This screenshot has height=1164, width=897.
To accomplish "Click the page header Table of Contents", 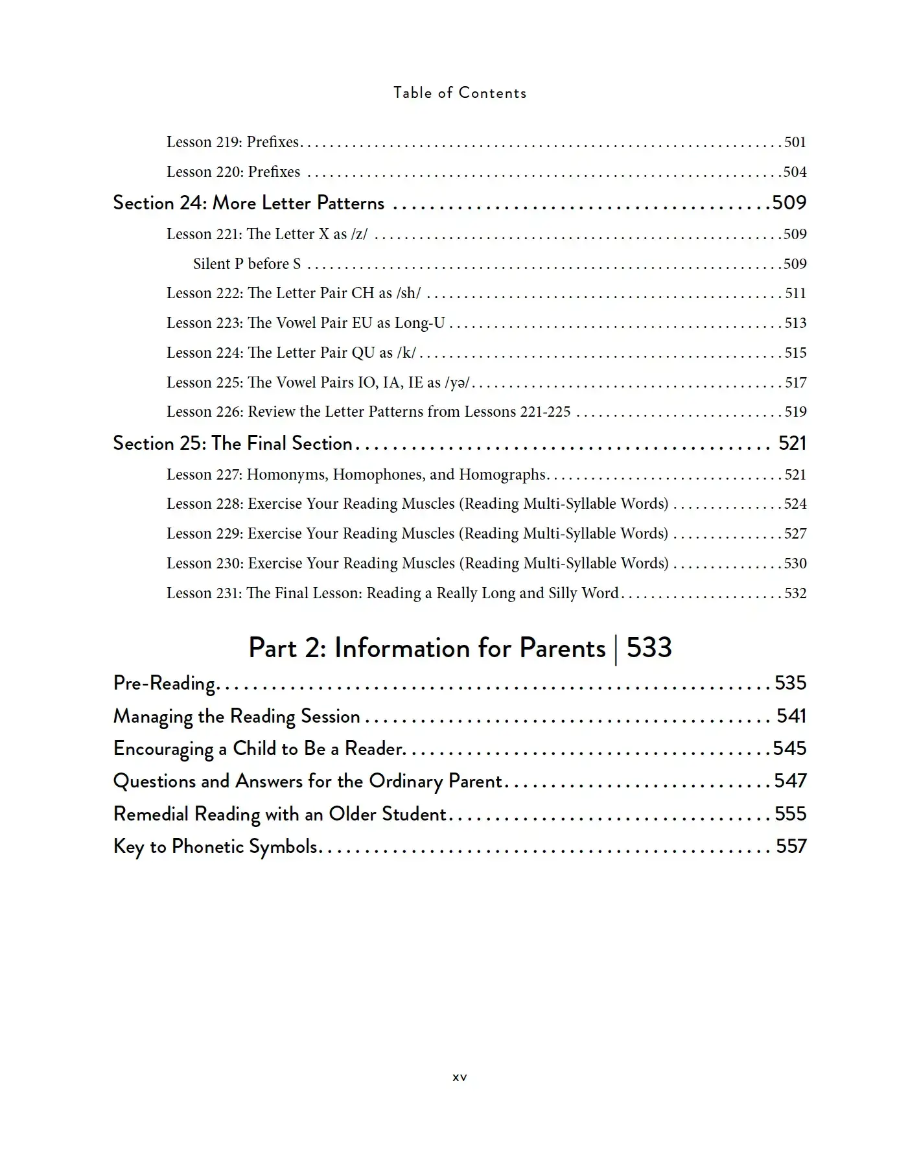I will pyautogui.click(x=460, y=93).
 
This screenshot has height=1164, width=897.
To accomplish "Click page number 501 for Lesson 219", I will pyautogui.click(x=795, y=142).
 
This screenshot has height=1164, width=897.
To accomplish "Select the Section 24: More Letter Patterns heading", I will pyautogui.click(x=248, y=203).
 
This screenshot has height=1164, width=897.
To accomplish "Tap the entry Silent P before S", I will pyautogui.click(x=247, y=264).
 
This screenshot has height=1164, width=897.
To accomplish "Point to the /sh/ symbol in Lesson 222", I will pyautogui.click(x=408, y=293).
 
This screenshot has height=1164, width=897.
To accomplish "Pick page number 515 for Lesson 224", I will pyautogui.click(x=795, y=353).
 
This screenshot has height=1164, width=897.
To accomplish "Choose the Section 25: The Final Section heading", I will pyautogui.click(x=233, y=443).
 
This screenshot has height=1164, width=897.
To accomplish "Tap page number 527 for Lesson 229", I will pyautogui.click(x=795, y=533).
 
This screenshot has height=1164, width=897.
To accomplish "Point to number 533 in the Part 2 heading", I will pyautogui.click(x=649, y=648).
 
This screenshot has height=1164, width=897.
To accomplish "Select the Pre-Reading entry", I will pyautogui.click(x=164, y=683).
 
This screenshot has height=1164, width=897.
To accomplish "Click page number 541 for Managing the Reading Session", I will pyautogui.click(x=791, y=716).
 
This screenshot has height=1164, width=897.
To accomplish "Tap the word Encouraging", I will pyautogui.click(x=163, y=749).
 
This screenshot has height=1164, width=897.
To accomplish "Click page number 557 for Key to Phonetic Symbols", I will pyautogui.click(x=791, y=846).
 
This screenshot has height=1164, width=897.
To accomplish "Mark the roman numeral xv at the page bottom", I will pyautogui.click(x=460, y=1077).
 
